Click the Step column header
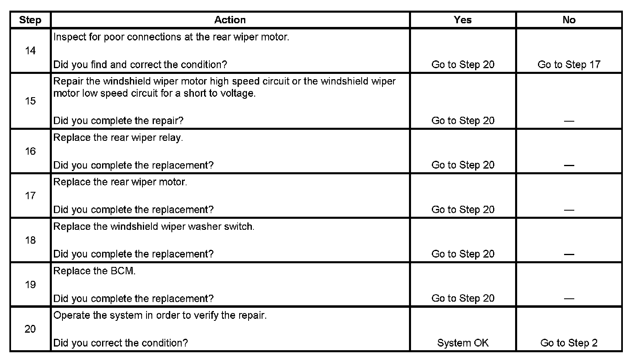30,20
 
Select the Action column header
230,20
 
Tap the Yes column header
462,20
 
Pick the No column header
569,20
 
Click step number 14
30,51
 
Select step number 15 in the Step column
30,101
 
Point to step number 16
30,151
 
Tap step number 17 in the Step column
30,196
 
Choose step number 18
30,240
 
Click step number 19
30,284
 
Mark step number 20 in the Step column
30,329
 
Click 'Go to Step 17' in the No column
569,64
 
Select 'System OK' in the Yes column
462,343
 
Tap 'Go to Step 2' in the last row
569,343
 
